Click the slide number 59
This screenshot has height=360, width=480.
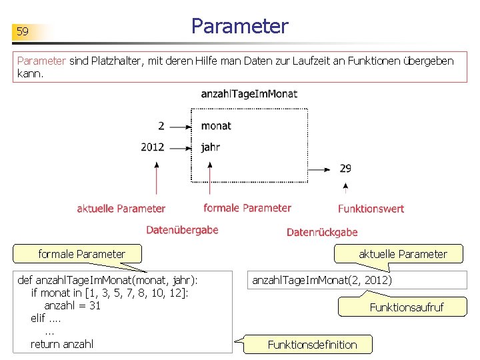(23, 31)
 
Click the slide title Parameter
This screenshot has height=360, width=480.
(239, 26)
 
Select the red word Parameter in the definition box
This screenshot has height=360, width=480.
(41, 61)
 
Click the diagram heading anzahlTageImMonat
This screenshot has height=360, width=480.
(249, 94)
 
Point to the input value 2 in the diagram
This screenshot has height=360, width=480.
(161, 125)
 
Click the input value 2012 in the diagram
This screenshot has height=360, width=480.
(153, 147)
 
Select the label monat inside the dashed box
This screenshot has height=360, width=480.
(216, 125)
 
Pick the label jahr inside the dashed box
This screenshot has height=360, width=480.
(210, 147)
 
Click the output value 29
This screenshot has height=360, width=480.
(345, 169)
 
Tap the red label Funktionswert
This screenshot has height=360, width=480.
(371, 209)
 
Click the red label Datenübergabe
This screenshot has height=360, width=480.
(182, 230)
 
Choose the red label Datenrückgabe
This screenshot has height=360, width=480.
(322, 232)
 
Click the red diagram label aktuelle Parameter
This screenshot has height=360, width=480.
(121, 209)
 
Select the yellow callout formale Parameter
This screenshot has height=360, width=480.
(81, 254)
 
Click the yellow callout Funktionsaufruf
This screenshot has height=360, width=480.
(406, 307)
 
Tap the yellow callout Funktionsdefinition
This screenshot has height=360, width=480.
(312, 345)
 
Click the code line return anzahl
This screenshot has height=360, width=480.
(62, 344)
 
